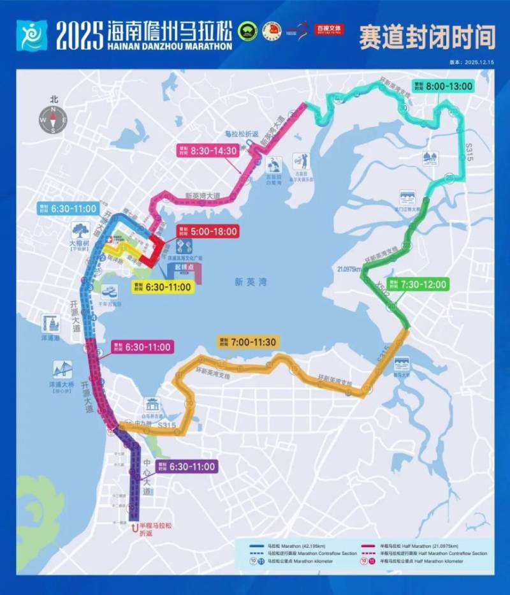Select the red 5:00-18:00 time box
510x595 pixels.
coord(207,231)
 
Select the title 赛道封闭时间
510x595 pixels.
coord(426,37)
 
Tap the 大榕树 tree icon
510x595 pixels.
coord(80,230)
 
